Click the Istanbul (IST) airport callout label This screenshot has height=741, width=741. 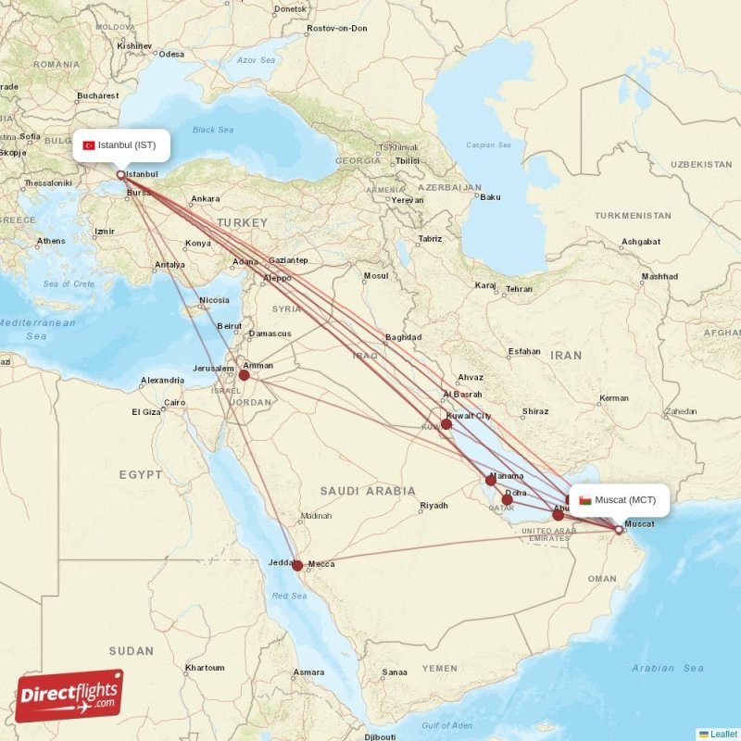click(122, 144)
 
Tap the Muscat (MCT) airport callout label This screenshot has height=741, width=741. click(618, 500)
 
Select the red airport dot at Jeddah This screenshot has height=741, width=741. click(297, 565)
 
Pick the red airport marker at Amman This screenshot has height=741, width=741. click(245, 375)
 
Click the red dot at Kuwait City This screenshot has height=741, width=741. click(446, 424)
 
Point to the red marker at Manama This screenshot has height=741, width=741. click(491, 480)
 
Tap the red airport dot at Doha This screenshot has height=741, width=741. click(507, 499)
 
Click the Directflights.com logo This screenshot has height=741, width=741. click(69, 695)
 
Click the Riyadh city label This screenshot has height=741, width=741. click(433, 506)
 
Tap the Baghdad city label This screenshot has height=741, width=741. click(403, 337)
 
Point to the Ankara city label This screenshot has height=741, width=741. click(205, 199)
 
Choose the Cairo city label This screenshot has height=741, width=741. click(174, 403)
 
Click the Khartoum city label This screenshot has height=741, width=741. click(205, 668)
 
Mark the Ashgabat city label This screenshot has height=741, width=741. click(641, 242)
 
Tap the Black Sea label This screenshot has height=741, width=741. click(212, 130)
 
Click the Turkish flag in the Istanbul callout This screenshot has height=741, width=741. click(89, 145)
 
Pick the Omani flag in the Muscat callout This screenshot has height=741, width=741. click(585, 501)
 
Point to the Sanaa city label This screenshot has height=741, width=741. click(395, 672)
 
